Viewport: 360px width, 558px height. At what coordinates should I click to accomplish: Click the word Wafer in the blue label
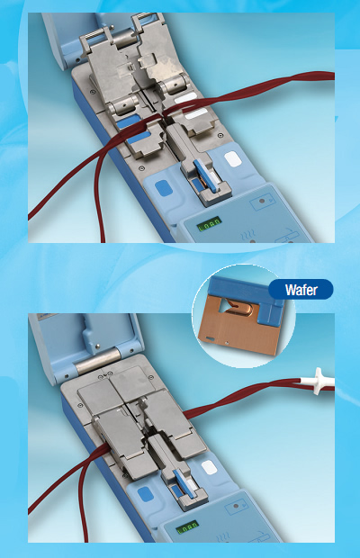[301, 290]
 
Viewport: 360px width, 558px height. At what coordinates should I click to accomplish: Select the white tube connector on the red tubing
[319, 382]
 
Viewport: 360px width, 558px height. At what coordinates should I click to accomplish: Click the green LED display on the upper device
[210, 224]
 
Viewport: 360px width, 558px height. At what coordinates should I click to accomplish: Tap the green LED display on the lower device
[187, 526]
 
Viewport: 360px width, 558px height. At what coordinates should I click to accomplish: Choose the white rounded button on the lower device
[209, 467]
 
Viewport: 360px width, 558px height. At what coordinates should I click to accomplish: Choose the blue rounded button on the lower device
[146, 495]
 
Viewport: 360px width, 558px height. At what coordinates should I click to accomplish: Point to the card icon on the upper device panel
[263, 202]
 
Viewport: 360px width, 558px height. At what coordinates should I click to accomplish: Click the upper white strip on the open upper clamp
[185, 98]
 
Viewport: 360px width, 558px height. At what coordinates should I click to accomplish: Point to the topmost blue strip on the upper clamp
[129, 121]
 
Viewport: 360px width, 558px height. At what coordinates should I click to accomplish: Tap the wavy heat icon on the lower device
[223, 536]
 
